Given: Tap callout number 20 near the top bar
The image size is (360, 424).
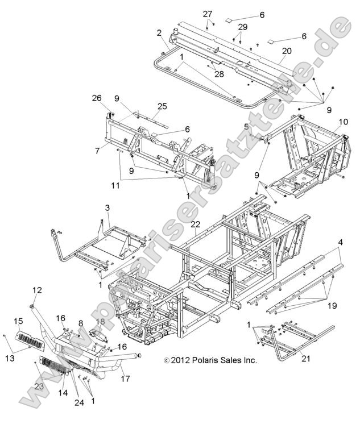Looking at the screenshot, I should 286,51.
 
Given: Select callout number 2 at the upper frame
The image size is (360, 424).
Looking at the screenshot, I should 160,32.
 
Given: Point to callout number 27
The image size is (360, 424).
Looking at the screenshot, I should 208,14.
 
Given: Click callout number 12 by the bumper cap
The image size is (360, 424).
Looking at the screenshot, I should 37,290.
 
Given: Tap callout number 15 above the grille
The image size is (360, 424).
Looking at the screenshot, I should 18,321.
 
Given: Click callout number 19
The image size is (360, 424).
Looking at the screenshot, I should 332,306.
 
